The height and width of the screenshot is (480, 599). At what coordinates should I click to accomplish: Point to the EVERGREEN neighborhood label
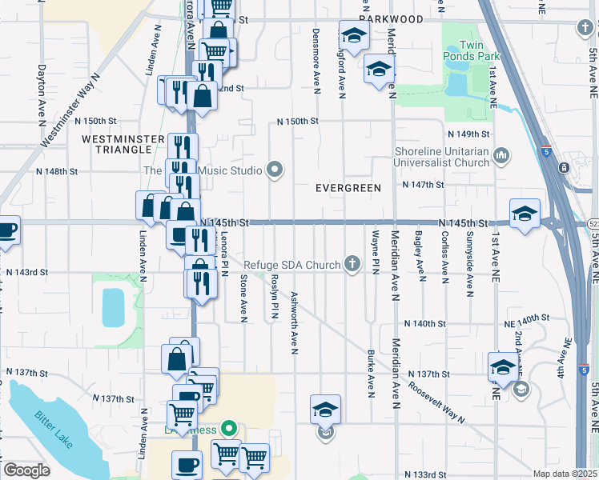click(348, 187)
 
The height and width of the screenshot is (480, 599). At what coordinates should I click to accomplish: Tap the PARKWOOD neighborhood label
click(391, 18)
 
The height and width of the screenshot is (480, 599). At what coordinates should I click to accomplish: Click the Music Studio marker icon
click(275, 170)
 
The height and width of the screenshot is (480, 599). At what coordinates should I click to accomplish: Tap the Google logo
click(26, 470)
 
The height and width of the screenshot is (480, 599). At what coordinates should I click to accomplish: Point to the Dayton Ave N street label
click(41, 94)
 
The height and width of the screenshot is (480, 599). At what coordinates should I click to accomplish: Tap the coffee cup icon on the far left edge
click(6, 230)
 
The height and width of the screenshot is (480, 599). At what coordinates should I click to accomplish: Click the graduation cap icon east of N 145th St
click(525, 214)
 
